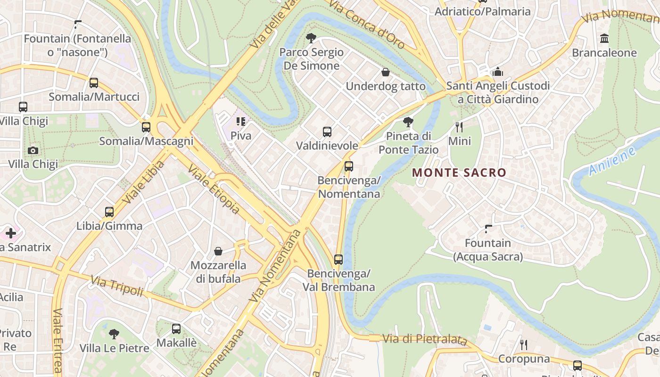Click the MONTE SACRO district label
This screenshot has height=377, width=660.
459,172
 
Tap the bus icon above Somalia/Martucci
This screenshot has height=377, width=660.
94,83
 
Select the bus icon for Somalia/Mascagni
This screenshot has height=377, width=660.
146,127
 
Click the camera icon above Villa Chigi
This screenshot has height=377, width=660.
33,150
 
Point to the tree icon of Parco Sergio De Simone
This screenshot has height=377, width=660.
311,38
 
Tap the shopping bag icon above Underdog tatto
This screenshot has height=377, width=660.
386,72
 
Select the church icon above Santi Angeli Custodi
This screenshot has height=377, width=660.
498,72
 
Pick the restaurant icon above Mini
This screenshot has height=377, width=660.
459,127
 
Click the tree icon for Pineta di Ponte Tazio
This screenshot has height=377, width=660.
408,122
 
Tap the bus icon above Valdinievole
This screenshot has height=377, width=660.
327,132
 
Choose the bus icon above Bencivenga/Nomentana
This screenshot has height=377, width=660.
349,166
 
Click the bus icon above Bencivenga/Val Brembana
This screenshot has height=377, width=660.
338,259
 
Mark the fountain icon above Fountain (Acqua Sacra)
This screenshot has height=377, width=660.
488,229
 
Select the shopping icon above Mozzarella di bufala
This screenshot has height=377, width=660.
218,251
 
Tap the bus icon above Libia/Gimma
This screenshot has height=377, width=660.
109,212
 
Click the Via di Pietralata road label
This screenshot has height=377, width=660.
424,339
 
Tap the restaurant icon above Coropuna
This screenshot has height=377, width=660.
524,345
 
